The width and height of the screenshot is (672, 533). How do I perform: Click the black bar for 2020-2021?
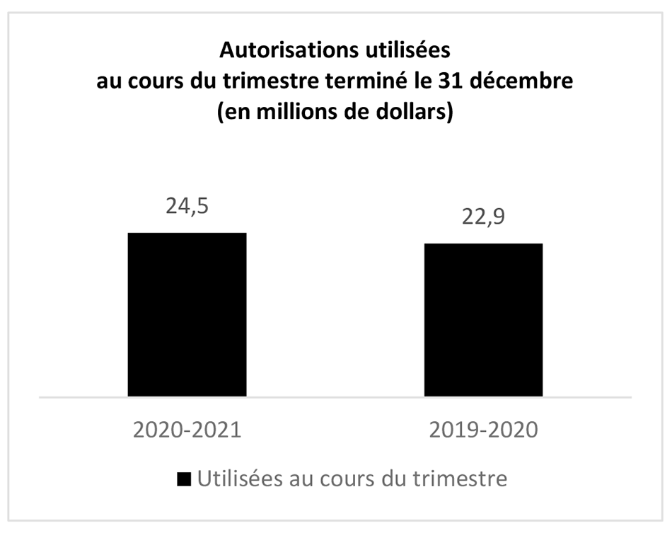pos(187,314)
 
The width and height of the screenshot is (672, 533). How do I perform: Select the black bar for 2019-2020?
pos(483,320)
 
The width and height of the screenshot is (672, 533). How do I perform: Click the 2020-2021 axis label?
pos(187,430)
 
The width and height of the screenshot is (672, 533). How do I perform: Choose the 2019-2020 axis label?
pos(483,430)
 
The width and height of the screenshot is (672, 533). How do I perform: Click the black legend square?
pos(184,478)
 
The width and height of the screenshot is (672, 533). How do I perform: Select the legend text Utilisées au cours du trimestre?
pos(352,478)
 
